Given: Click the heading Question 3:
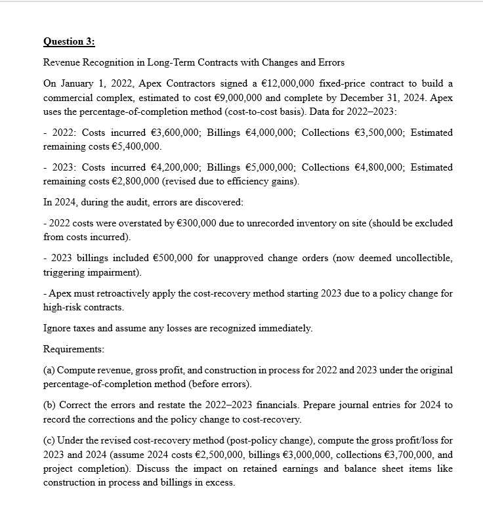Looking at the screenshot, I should click(x=69, y=41).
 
